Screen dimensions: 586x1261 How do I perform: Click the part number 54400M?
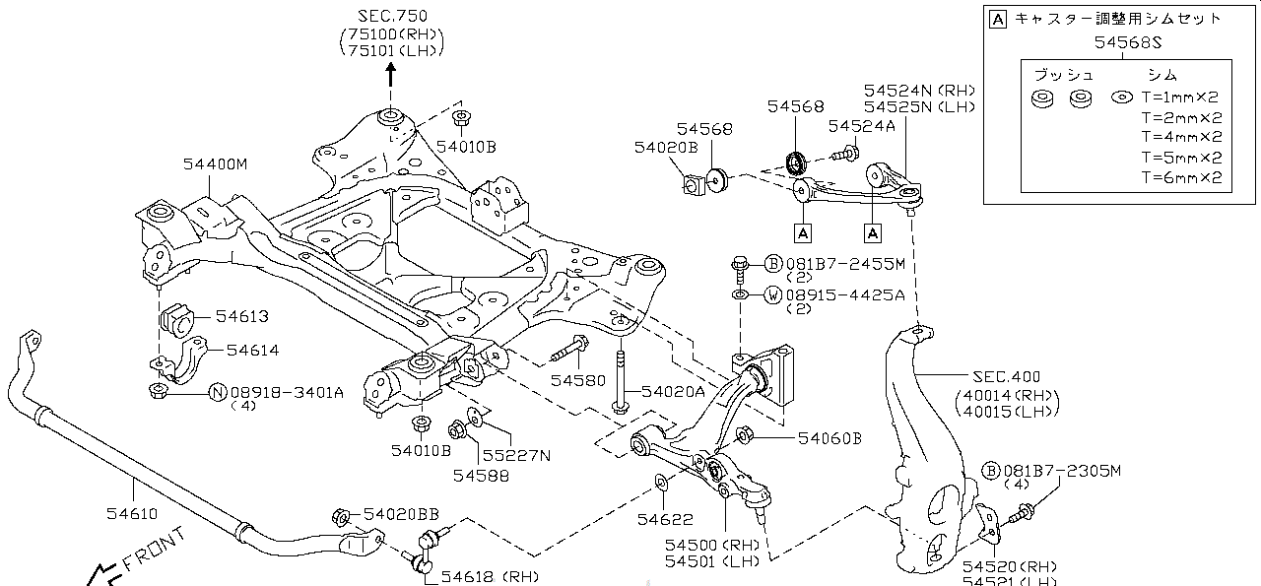tap(215, 164)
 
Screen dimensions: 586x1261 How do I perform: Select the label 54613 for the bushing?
tap(242, 317)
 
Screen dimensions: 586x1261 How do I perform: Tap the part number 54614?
tap(252, 350)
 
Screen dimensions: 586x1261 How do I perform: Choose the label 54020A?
tap(673, 391)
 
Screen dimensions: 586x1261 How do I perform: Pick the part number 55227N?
tap(516, 455)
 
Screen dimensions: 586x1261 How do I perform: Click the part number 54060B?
tap(830, 438)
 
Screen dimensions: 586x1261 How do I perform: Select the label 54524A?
tap(861, 126)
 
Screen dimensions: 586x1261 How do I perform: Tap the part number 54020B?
tap(666, 148)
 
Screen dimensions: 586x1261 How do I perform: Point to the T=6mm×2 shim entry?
tap(1180, 178)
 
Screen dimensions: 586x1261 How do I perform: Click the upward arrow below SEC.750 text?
tap(390, 74)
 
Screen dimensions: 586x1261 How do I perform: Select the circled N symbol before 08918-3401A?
tap(219, 393)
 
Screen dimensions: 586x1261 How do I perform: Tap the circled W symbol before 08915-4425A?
tap(773, 294)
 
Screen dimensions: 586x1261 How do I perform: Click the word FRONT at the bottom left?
tap(154, 552)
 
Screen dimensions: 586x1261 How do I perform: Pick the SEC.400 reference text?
tap(1006, 377)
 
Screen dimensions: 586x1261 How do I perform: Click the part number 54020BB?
tap(401, 514)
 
